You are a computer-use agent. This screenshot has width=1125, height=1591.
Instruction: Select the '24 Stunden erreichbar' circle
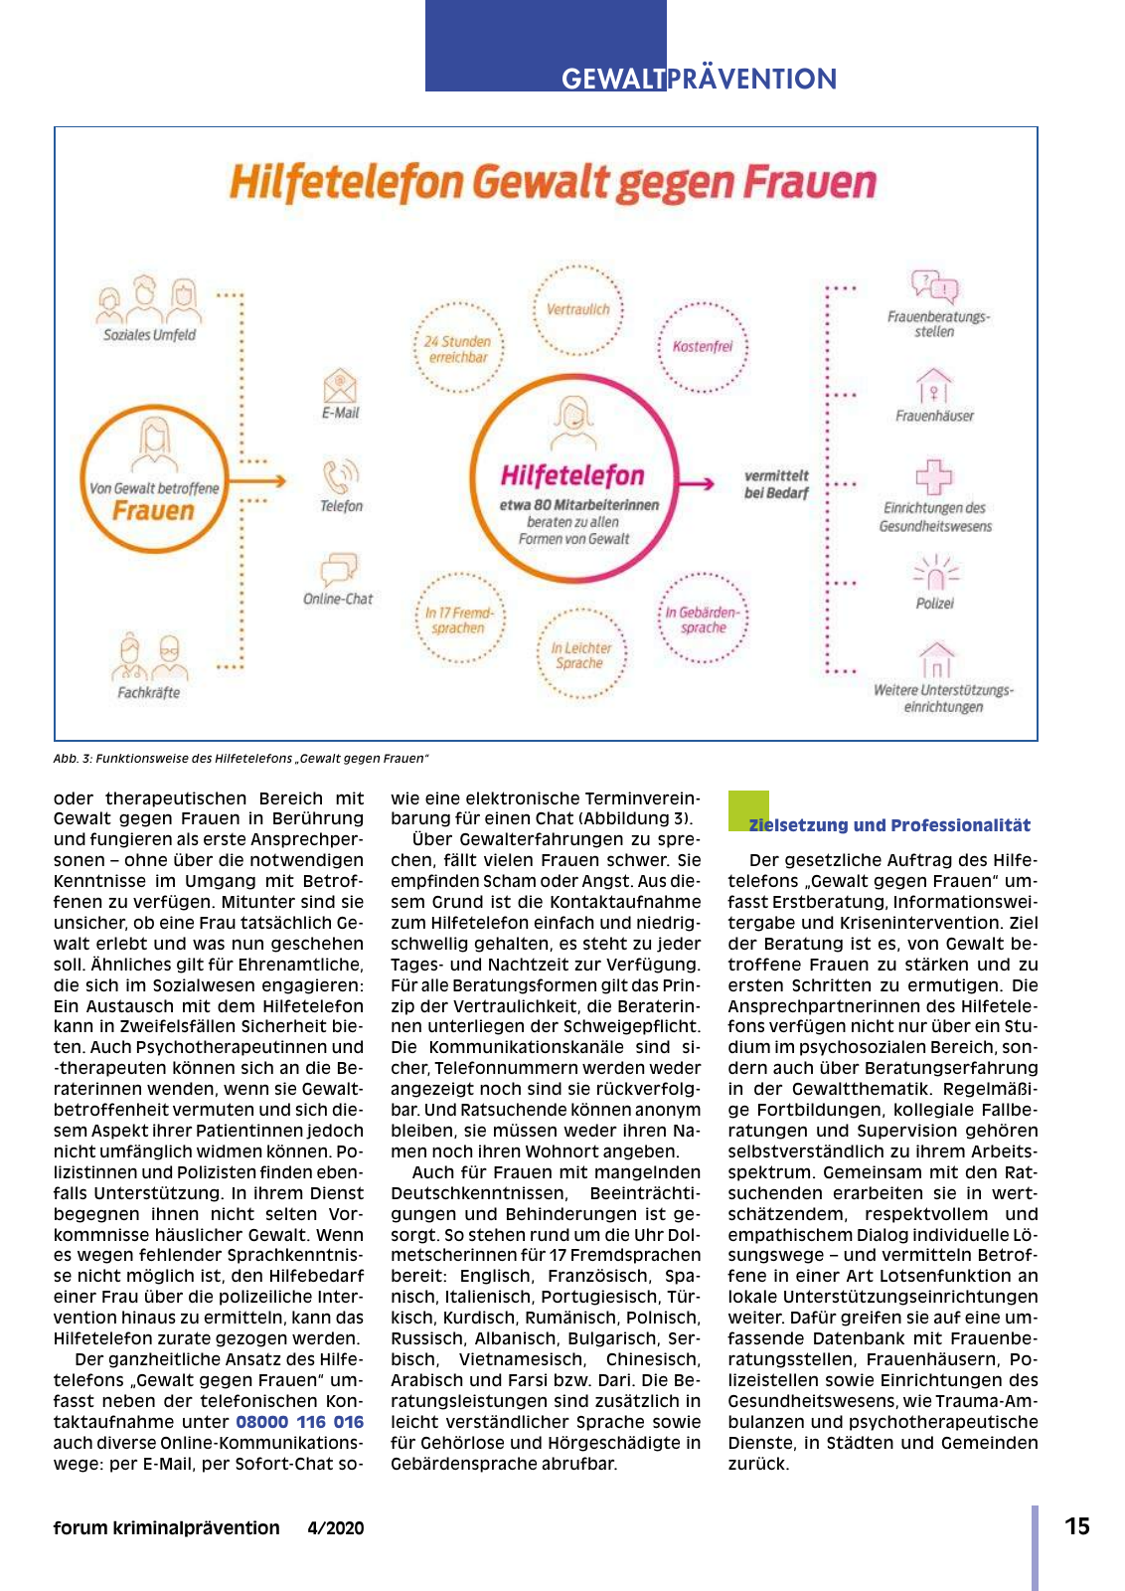point(458,349)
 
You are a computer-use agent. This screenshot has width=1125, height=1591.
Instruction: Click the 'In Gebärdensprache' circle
point(703,619)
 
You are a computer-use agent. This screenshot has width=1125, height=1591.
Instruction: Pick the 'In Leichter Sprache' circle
point(581,655)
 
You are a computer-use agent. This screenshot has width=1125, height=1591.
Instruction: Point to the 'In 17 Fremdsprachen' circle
point(458,619)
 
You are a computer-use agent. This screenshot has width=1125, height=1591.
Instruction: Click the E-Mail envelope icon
point(340,386)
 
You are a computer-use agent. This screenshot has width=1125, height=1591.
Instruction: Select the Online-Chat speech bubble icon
point(338,570)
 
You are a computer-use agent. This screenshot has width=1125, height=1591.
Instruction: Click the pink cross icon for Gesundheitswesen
point(933,477)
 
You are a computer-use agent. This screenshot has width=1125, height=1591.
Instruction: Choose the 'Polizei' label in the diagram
point(934,604)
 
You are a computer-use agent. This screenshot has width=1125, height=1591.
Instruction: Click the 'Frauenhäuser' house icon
point(933,386)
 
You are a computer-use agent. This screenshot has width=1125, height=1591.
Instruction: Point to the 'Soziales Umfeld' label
point(150,335)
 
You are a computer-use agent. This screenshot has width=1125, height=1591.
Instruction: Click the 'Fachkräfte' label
point(149,693)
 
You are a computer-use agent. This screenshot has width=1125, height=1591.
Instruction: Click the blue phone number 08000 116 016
point(300,1422)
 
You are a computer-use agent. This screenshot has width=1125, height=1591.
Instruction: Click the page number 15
point(1077,1527)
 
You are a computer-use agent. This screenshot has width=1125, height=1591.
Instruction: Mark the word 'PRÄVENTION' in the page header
point(752,79)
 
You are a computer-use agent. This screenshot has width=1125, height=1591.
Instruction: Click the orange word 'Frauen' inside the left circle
point(153,511)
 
